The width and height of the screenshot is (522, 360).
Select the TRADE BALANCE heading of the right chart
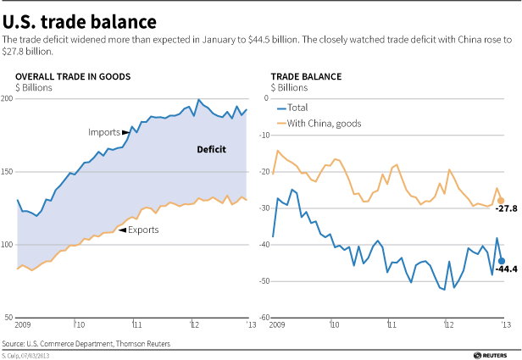click(306, 76)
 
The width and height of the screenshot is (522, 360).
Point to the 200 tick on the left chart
click(8, 99)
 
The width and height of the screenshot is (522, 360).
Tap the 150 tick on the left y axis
click(8, 172)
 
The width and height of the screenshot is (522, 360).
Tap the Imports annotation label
click(104, 133)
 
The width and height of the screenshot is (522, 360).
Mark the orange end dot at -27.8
click(501, 201)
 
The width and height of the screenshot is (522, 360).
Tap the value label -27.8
click(507, 208)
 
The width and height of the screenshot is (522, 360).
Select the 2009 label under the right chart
click(280, 325)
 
